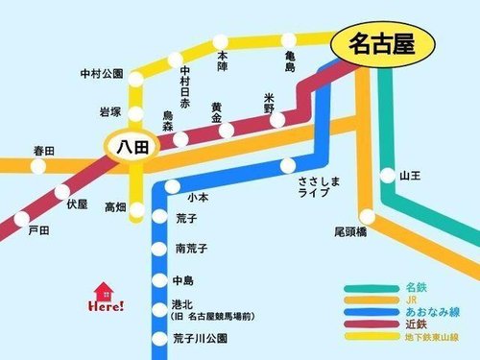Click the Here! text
coord(106,307)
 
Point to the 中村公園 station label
coord(103,73)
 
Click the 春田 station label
coord(44,150)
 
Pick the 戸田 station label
coord(38,232)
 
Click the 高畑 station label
coord(115,207)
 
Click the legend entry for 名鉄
coord(416,287)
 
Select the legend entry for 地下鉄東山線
coord(433,337)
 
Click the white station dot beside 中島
coord(158,281)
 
